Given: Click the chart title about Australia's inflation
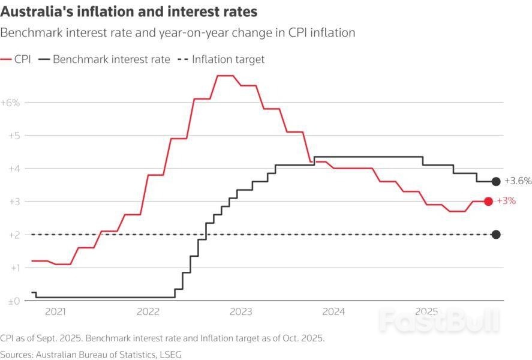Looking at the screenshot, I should (x=129, y=11).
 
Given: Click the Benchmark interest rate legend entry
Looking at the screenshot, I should (x=104, y=59).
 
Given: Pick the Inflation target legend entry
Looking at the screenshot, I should (x=221, y=59).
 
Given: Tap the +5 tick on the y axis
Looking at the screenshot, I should (x=13, y=136).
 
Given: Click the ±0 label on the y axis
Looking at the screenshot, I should (x=13, y=301).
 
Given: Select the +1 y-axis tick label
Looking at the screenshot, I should (x=13, y=268).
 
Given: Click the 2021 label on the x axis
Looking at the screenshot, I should (x=55, y=312).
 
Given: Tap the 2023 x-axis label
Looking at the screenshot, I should (x=241, y=312).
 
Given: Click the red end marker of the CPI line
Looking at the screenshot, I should (x=488, y=202).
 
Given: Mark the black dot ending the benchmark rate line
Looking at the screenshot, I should (x=495, y=181).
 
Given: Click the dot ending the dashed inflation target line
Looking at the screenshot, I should (x=495, y=235).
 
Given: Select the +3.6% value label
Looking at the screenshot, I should (x=518, y=181).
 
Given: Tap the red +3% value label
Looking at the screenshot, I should (x=506, y=201).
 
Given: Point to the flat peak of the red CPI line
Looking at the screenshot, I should (x=225, y=76).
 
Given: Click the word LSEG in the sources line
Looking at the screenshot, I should (x=169, y=354).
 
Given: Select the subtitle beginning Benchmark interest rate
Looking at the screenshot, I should (x=178, y=33).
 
